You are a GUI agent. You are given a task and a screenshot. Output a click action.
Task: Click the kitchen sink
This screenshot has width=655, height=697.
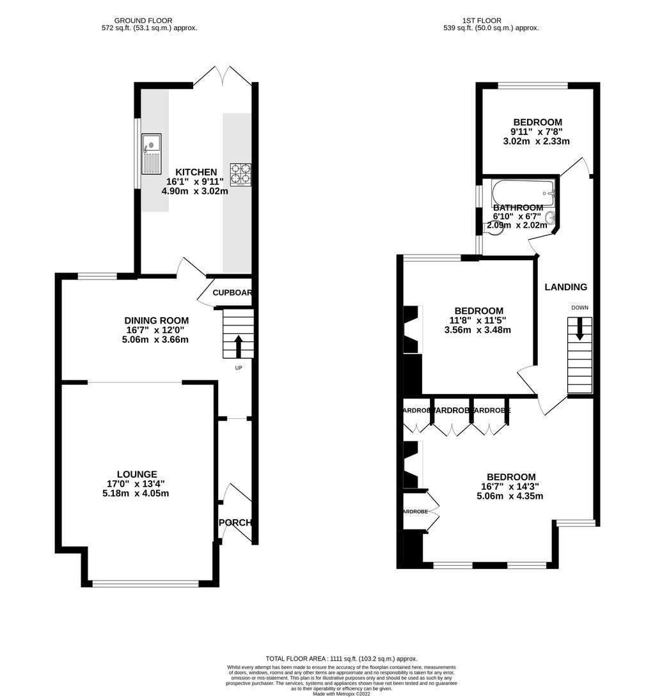click(x=152, y=154)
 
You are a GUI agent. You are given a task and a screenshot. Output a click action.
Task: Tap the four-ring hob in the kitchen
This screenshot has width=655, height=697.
click(x=241, y=175)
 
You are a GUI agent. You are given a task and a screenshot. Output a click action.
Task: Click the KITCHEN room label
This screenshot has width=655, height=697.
click(x=196, y=172)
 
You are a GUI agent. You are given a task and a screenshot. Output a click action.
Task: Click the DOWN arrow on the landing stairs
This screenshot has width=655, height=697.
click(x=580, y=330)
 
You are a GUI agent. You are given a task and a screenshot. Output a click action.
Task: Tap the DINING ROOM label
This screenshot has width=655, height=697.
click(x=157, y=320)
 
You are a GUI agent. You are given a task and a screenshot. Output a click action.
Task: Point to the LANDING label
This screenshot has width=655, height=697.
click(x=565, y=287)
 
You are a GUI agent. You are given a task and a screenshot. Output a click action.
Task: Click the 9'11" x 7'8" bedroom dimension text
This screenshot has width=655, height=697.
click(x=537, y=132)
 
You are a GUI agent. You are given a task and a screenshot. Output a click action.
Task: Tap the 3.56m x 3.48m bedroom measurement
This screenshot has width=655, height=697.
click(x=478, y=330)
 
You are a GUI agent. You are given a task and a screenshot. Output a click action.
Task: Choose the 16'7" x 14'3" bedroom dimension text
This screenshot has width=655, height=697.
click(x=511, y=486)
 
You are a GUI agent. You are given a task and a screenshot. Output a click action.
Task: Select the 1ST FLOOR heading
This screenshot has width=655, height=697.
click(x=491, y=20)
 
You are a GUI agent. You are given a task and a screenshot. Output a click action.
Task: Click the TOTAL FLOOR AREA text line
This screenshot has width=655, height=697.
click(x=341, y=659)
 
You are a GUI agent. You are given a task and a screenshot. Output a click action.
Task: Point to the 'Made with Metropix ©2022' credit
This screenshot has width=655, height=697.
click(x=342, y=693)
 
